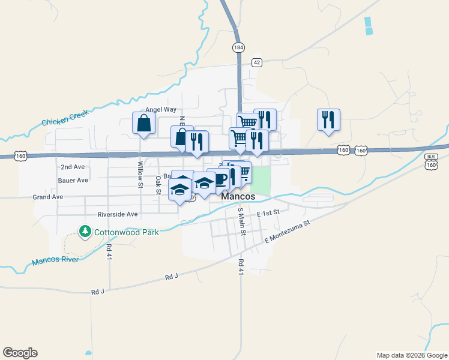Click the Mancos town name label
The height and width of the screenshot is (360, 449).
coord(238,196)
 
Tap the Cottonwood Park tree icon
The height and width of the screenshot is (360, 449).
coord(85,232)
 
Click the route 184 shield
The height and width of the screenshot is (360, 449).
coord(240,47)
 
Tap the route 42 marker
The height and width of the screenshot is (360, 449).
coord(257,62)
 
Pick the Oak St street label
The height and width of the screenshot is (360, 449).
coord(158,184)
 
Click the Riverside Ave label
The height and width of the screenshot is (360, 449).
coord(118,214)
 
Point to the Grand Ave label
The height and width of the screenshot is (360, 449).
coord(48,197)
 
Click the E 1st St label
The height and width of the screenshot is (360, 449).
coord(268,213)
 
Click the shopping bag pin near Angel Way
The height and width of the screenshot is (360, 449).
coord(144,123)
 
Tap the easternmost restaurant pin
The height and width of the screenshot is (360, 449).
coord(328,120)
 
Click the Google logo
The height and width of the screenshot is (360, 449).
coord(20,353)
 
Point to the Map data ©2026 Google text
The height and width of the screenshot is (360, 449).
coord(411,355)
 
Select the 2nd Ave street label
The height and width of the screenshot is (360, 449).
coord(73,167)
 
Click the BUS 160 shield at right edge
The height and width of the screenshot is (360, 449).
coord(431,160)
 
